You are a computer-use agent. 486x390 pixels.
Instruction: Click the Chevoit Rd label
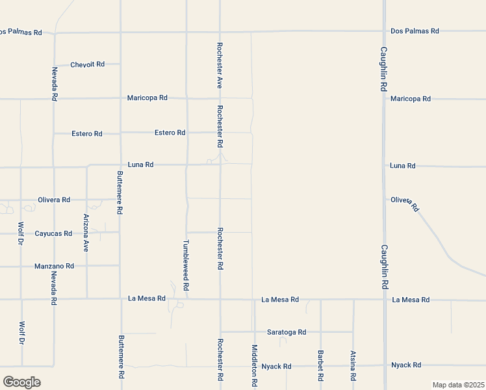(88, 64)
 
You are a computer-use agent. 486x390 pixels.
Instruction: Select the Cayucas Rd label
(53, 233)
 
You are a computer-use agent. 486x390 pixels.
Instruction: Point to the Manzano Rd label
(54, 266)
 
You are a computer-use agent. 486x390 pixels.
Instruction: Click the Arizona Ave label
(86, 233)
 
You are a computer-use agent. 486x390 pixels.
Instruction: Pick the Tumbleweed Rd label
(186, 265)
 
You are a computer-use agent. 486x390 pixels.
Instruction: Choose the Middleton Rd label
(254, 367)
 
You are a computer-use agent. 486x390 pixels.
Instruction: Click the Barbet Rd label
(321, 366)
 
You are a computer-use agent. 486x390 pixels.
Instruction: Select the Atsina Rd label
(353, 366)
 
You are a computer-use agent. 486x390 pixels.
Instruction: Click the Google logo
(21, 382)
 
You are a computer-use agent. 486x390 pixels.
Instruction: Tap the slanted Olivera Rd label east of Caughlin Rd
(405, 203)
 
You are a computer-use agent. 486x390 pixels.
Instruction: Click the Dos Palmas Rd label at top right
(415, 31)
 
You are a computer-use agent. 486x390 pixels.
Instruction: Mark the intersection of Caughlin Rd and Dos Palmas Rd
(384, 31)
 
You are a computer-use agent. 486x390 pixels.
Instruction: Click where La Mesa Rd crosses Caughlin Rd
(384, 300)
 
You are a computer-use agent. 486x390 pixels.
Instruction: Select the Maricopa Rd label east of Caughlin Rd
(411, 99)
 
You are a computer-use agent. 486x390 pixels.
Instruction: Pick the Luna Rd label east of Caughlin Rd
(403, 166)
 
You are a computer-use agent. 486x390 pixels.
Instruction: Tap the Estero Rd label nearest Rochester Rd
(170, 133)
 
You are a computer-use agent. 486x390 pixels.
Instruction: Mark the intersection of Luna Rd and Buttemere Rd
(120, 165)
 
